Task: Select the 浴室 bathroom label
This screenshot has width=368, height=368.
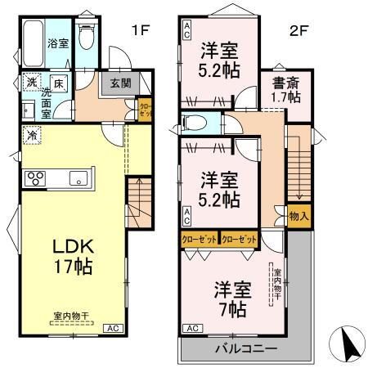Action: (57, 43)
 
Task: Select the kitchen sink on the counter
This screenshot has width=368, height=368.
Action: (80, 177)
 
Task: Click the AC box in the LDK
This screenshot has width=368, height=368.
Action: (117, 328)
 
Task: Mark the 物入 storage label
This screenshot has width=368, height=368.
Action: (299, 216)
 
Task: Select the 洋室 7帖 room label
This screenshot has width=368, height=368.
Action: (231, 298)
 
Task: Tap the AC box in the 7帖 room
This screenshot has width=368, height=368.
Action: (192, 329)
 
